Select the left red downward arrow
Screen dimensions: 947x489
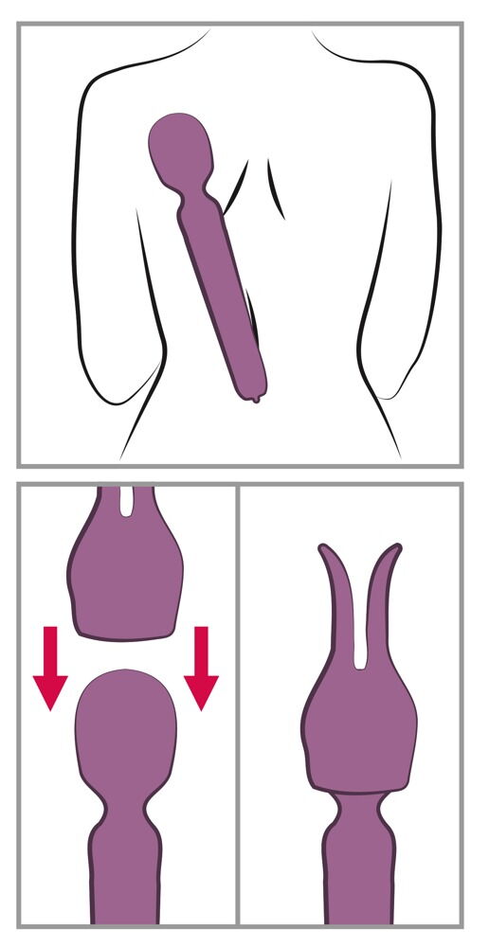pyautogui.click(x=49, y=667)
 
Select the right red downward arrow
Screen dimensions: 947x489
pyautogui.click(x=201, y=667)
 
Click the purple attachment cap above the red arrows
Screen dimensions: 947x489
pyautogui.click(x=124, y=578)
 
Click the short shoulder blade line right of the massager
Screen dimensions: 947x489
pyautogui.click(x=276, y=189)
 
